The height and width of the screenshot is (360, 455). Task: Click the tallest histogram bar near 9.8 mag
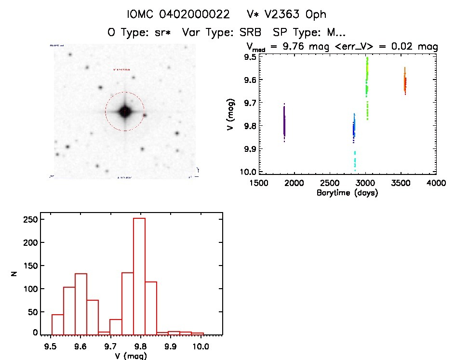(x=139, y=276)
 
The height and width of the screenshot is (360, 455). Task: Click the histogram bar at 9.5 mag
(x=57, y=324)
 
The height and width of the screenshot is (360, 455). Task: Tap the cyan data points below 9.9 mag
(x=355, y=160)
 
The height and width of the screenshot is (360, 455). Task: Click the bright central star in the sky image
(x=124, y=112)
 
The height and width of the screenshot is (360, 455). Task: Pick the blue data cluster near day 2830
(x=354, y=129)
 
